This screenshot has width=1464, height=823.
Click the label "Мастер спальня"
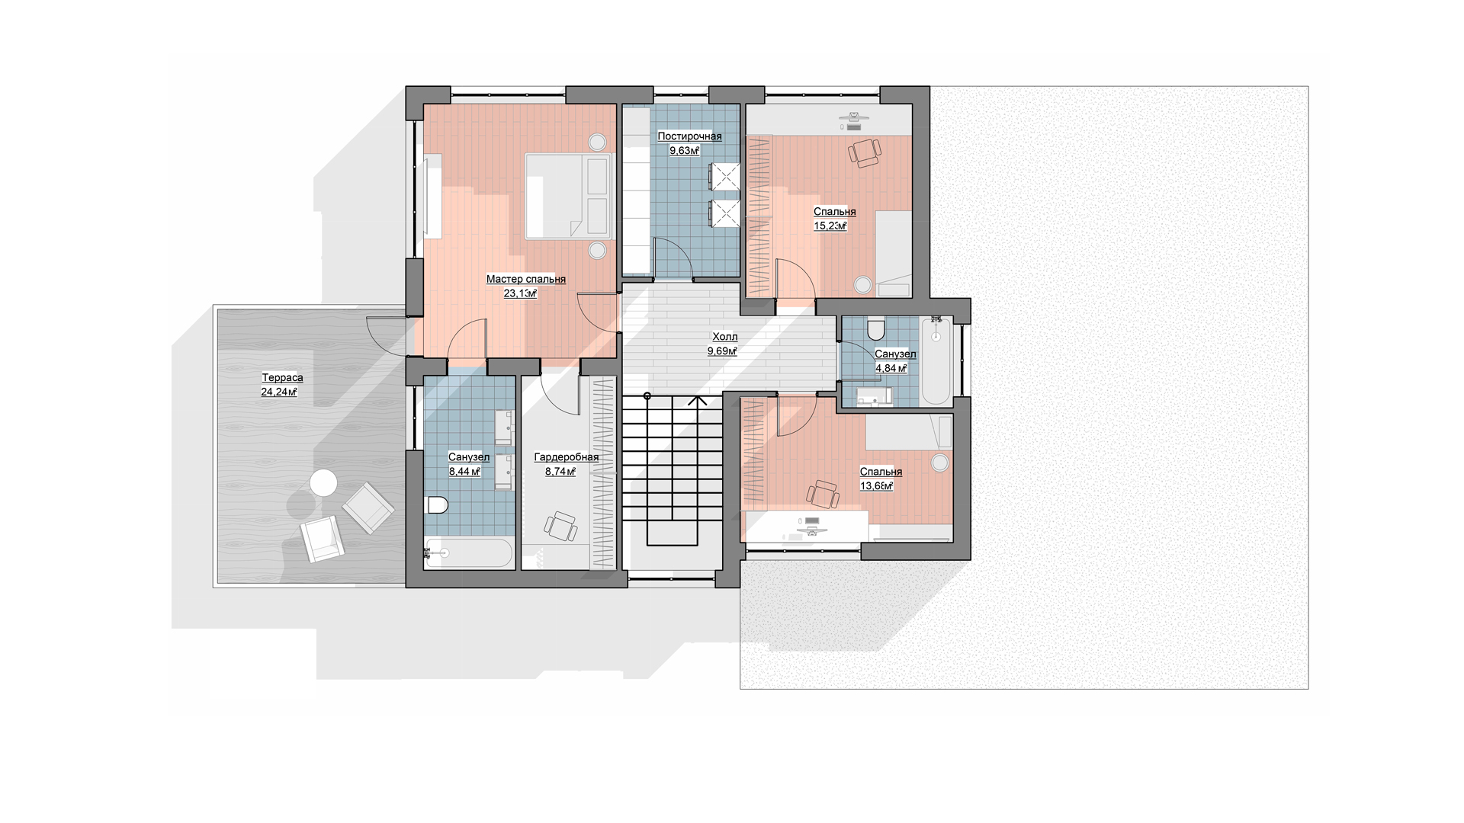pos(526,279)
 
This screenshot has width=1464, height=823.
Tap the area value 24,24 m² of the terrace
pos(279,392)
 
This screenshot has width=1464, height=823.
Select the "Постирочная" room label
pos(689,136)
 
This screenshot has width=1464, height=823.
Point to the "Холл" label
pos(724,336)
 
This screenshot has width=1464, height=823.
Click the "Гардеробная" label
pos(566,457)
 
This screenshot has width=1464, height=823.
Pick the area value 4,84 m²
pos(891,368)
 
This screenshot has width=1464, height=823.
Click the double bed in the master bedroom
pos(569,196)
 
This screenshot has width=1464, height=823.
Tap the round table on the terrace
pos(323,483)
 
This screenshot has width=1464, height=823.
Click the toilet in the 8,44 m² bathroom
pos(437,504)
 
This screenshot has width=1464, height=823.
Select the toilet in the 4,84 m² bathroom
pos(875,328)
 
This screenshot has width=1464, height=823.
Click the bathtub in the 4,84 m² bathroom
pos(936,362)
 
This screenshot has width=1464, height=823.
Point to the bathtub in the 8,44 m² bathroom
pos(469,553)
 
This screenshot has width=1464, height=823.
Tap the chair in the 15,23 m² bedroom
pos(865,152)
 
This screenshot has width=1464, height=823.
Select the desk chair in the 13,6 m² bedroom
pos(823,495)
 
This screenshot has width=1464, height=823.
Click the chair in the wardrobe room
pos(560,527)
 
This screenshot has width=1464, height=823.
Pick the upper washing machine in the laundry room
pos(724,178)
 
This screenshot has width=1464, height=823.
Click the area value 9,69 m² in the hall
pos(722,351)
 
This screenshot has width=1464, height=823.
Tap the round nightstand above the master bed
pos(597,142)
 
